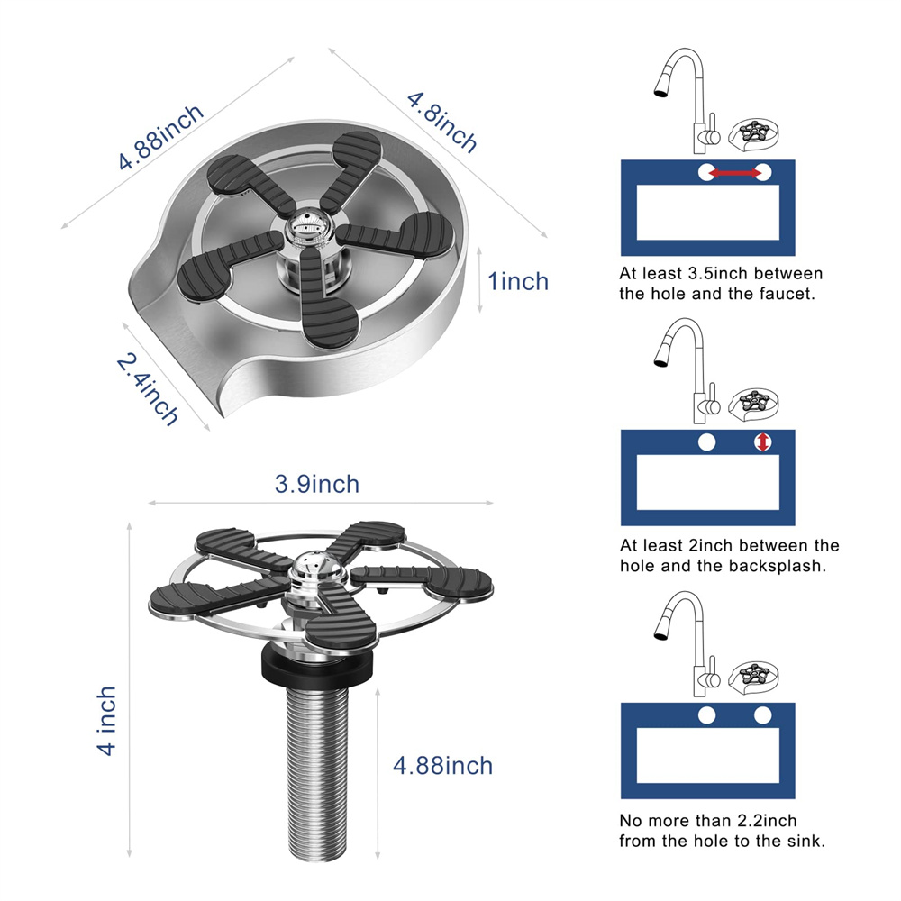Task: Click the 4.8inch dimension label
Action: click(441, 123)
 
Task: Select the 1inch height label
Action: click(518, 281)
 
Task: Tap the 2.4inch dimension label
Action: click(148, 389)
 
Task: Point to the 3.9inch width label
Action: click(316, 484)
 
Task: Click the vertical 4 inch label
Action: click(107, 721)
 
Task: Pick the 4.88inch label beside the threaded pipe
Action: click(443, 765)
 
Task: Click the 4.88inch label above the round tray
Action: click(161, 137)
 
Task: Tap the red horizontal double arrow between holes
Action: click(734, 172)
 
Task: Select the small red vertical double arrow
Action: click(762, 441)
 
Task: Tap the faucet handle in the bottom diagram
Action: click(713, 669)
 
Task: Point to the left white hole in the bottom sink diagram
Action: click(706, 715)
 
